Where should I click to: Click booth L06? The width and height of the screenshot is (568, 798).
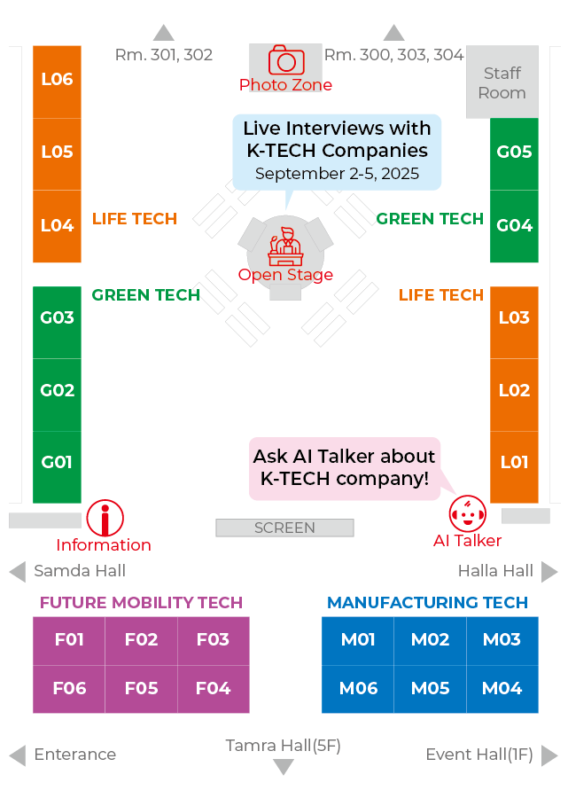(57, 80)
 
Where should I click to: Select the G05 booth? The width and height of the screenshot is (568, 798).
(514, 153)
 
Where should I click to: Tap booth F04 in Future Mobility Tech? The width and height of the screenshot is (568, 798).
(213, 688)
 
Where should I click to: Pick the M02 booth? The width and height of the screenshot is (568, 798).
(430, 640)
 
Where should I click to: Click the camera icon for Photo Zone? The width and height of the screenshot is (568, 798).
(286, 60)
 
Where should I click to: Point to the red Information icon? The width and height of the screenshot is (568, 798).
(105, 518)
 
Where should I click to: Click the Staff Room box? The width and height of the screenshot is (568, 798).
(502, 82)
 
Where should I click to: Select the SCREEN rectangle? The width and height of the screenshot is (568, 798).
(284, 528)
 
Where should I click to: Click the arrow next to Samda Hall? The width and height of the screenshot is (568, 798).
(17, 571)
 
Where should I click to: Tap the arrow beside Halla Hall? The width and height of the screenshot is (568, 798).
(550, 571)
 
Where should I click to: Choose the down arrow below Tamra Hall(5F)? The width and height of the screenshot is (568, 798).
(283, 767)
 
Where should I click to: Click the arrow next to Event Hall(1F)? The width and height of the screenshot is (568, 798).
(550, 755)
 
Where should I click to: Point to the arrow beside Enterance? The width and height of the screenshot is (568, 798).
(17, 755)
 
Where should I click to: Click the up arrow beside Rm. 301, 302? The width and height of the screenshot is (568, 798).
(164, 33)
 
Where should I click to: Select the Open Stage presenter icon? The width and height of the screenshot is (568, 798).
(285, 246)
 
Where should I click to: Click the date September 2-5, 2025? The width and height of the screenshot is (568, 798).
(337, 174)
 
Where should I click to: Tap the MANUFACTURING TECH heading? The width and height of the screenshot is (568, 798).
(427, 603)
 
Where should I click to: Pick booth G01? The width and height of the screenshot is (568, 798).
(57, 463)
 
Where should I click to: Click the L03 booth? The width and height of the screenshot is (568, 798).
(514, 318)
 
